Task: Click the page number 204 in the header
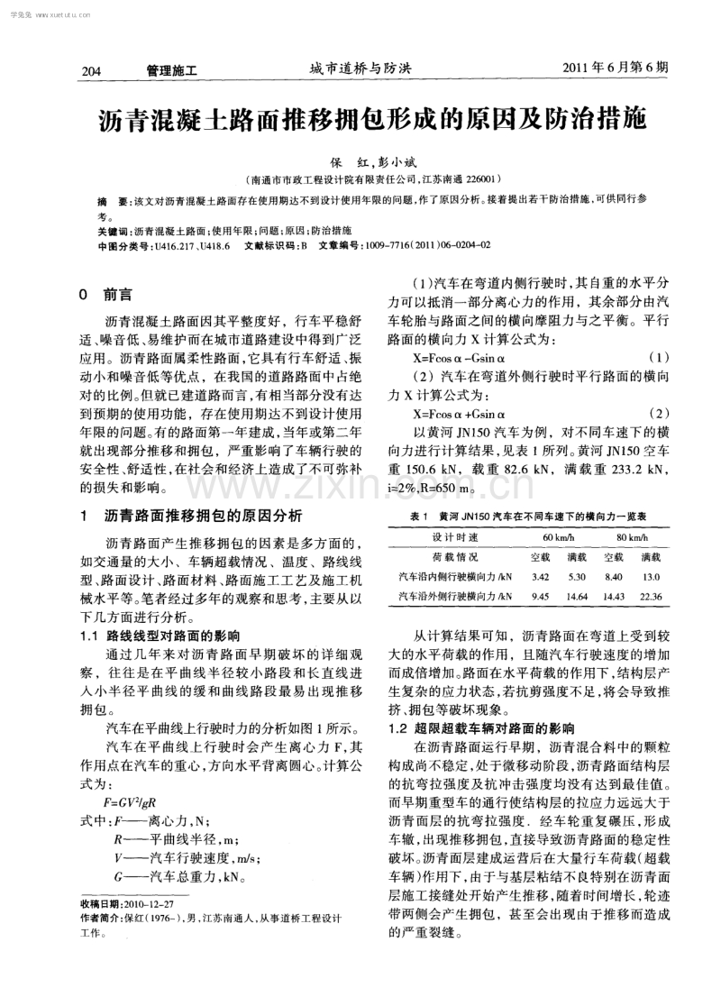click(92, 69)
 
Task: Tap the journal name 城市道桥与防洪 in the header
click(360, 69)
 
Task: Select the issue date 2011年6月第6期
click(616, 68)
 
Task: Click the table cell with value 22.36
click(650, 596)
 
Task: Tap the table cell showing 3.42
click(541, 576)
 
